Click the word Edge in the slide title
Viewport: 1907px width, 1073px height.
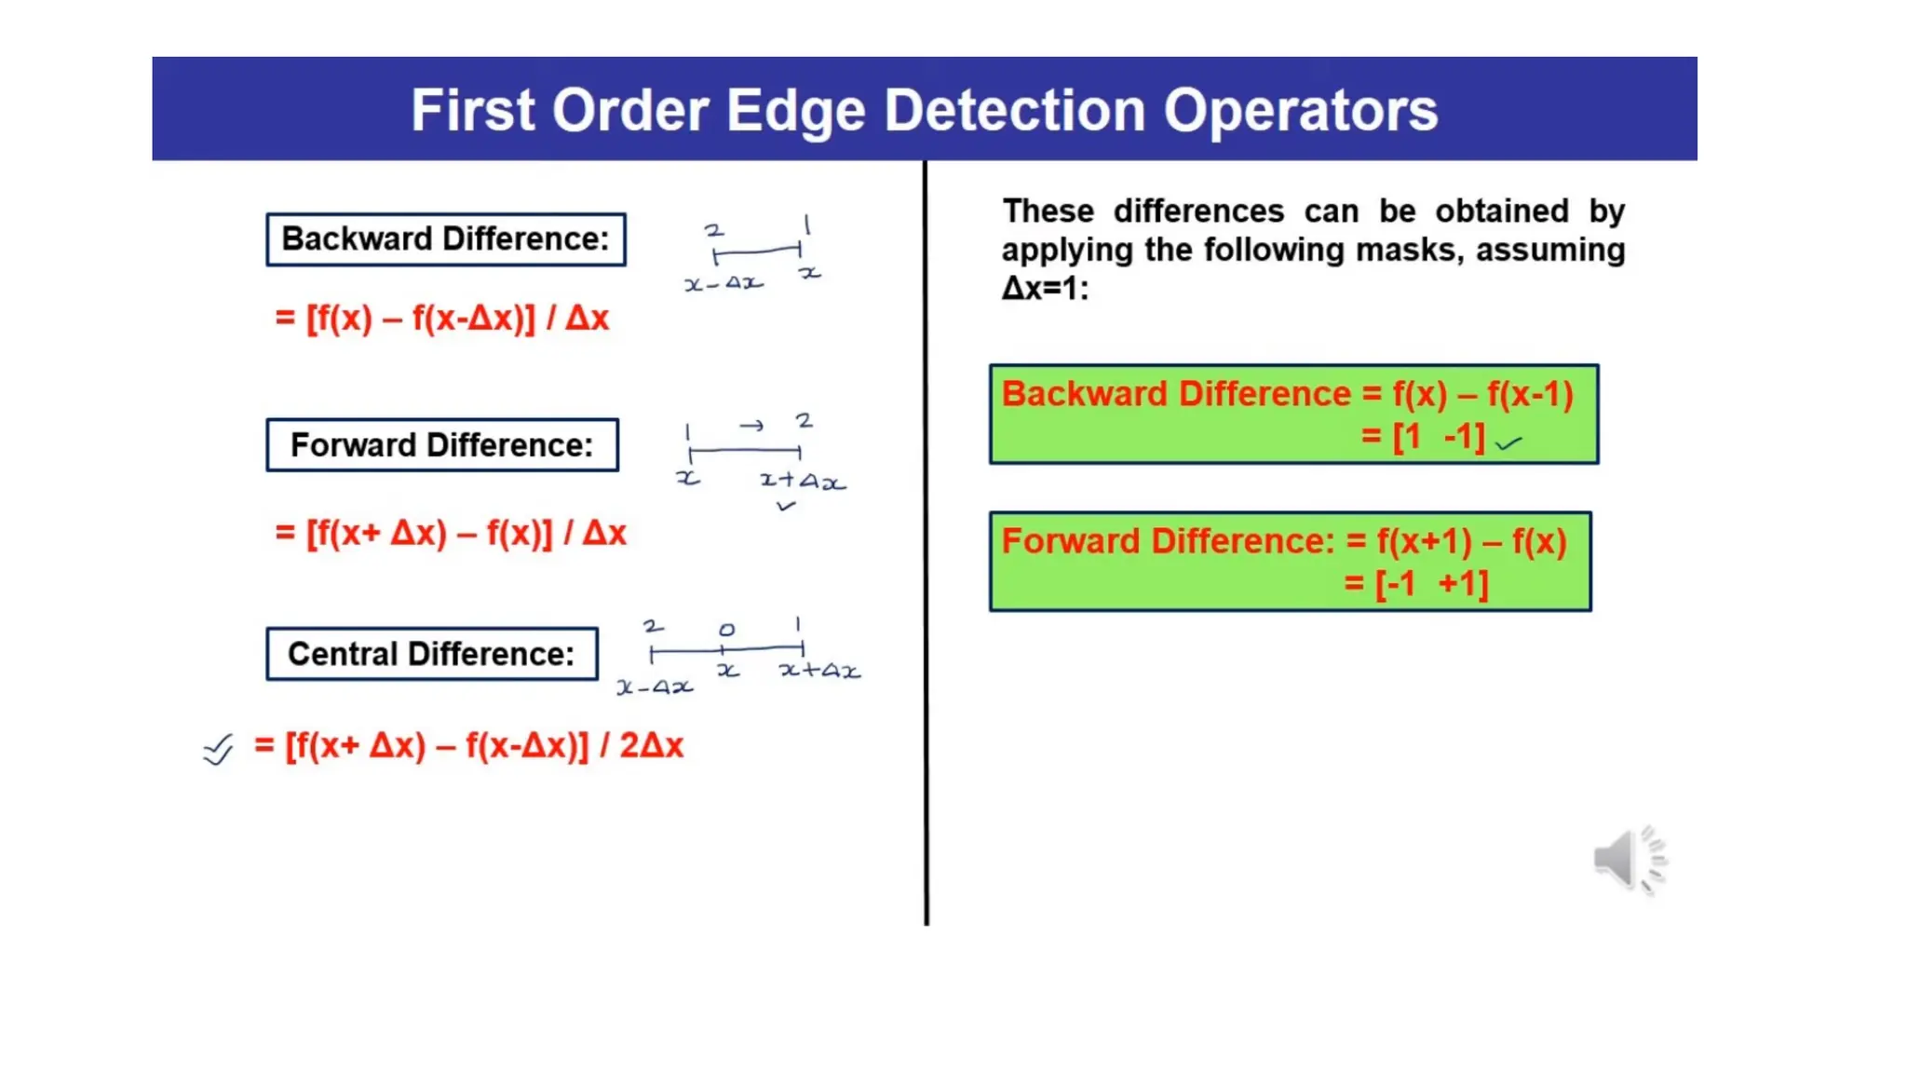coord(796,110)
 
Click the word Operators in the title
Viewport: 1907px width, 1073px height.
coord(1300,110)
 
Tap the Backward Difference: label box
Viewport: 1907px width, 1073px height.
coord(445,239)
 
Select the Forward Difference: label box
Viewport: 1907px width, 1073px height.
coord(441,445)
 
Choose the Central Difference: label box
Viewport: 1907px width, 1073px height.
coord(431,654)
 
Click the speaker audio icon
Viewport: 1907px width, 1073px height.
coord(1628,859)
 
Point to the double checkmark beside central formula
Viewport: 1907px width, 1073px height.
coord(218,749)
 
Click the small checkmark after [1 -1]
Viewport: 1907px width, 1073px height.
coord(1508,443)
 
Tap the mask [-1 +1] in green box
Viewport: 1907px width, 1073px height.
coord(1431,584)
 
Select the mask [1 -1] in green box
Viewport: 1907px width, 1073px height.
coord(1439,437)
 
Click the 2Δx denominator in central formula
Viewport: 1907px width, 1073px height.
coord(651,745)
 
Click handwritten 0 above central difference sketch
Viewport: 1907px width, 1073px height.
coord(726,630)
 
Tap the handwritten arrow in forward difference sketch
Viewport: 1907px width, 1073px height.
coord(751,426)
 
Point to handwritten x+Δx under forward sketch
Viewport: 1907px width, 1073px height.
coord(802,482)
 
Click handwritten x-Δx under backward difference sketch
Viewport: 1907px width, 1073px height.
coord(724,283)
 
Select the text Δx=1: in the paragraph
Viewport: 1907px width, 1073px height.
coord(1045,289)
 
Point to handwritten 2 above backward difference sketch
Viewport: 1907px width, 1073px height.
coord(713,229)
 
